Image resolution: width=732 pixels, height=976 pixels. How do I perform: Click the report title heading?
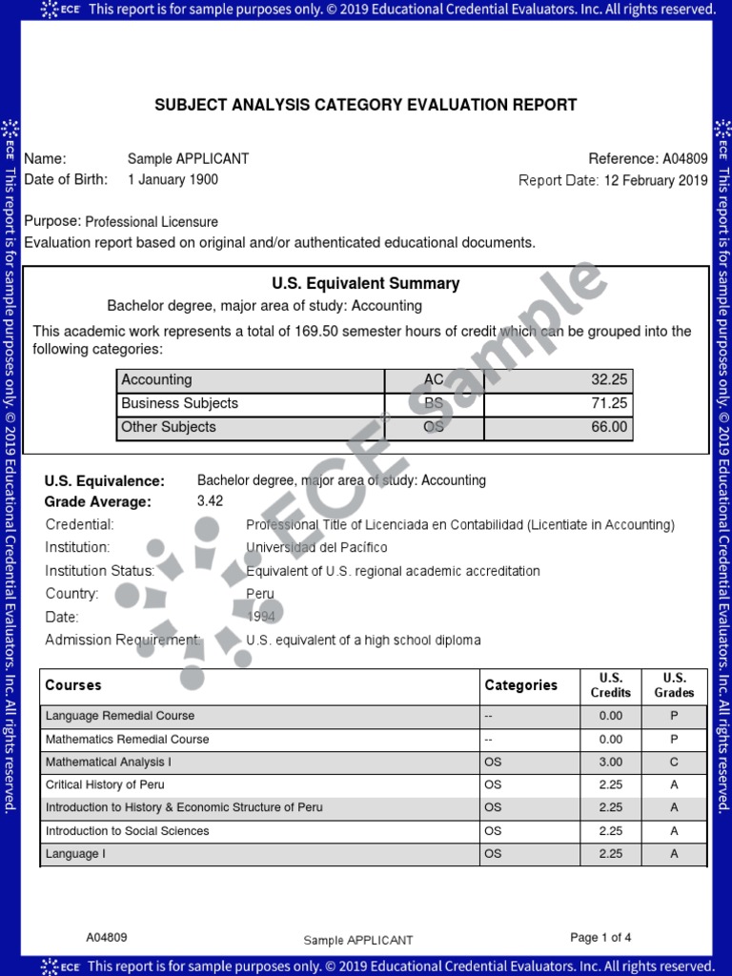tap(366, 105)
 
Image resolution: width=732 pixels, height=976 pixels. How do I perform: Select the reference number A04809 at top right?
tap(684, 159)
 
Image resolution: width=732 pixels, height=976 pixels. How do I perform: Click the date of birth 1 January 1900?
tap(173, 179)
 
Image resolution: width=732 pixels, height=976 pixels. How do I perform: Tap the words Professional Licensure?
tap(152, 221)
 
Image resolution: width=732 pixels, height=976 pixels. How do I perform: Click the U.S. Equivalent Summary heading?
tap(366, 283)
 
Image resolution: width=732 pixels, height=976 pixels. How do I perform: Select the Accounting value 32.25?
tap(609, 379)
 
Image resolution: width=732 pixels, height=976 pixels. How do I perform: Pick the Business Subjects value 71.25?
tap(609, 403)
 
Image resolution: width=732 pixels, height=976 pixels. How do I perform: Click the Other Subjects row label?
tap(169, 427)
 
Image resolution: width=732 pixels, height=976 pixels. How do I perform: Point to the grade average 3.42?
tap(210, 500)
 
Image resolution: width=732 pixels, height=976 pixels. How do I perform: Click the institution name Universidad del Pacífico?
tap(316, 547)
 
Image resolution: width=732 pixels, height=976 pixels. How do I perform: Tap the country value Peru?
tap(259, 593)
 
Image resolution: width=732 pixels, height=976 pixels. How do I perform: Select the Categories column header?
tap(520, 685)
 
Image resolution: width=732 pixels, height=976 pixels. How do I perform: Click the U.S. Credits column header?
tap(610, 685)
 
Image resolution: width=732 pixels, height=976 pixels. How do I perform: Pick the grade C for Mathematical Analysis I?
tap(674, 762)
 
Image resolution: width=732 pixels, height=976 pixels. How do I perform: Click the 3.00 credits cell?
tap(610, 762)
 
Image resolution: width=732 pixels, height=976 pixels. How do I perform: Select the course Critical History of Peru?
tap(105, 784)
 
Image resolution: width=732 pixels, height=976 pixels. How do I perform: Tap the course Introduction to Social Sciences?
tap(127, 831)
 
